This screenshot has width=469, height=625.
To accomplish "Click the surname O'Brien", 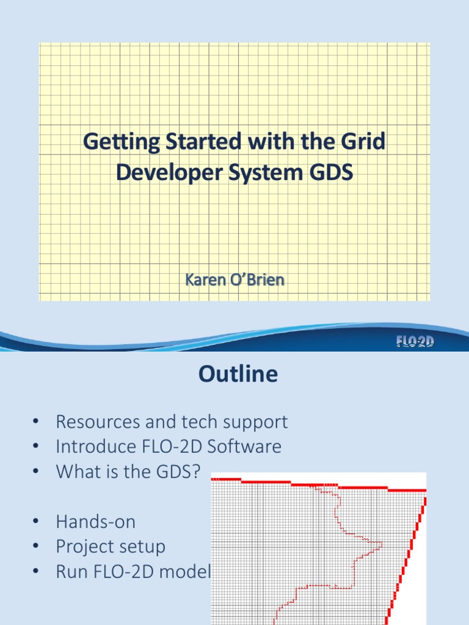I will [x=256, y=281].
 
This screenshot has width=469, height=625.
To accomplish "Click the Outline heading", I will [x=238, y=374].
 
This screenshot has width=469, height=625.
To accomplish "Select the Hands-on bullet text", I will [x=95, y=522].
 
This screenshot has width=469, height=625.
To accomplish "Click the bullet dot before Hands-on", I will [x=36, y=522].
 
